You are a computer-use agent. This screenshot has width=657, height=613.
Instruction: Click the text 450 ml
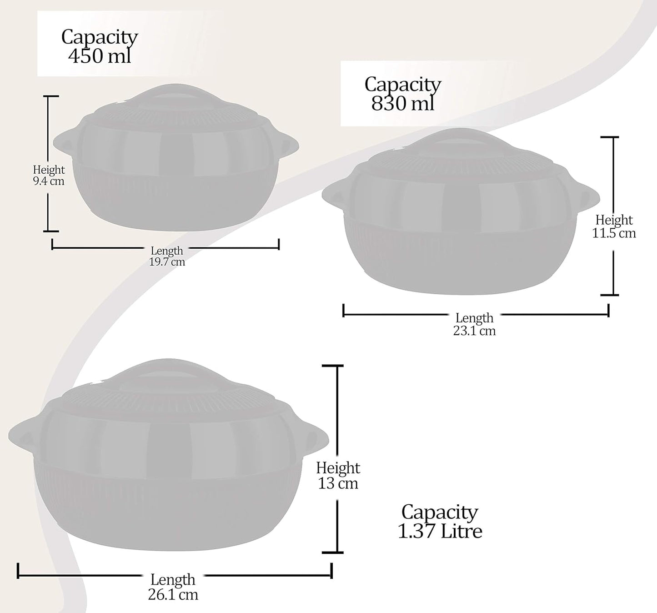[100, 56]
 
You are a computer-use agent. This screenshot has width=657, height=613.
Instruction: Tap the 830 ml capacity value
[403, 103]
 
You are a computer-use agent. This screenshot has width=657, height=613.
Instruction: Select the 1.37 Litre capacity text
[440, 531]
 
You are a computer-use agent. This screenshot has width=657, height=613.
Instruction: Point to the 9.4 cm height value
[49, 181]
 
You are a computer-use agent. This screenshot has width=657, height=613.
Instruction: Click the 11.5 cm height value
[614, 233]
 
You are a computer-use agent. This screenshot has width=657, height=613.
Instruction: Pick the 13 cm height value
[338, 483]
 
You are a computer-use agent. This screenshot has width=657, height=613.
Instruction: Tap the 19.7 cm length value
[167, 262]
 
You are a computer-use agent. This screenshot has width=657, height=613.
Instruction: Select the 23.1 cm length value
[474, 331]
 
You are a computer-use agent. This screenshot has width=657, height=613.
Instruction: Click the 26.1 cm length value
[173, 594]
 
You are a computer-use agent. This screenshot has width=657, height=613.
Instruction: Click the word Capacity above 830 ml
[403, 84]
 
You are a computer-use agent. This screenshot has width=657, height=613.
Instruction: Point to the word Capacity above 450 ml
[100, 37]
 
